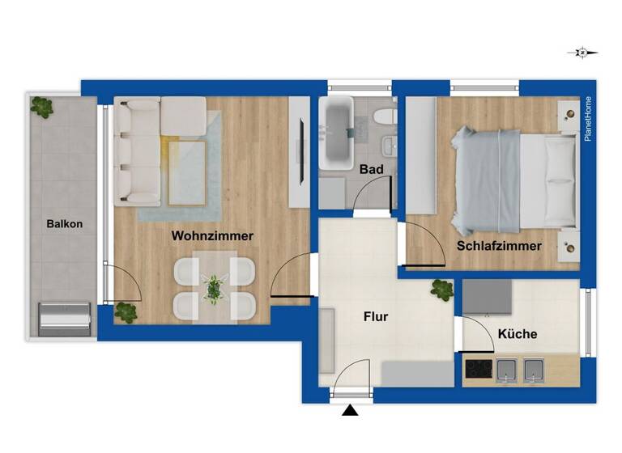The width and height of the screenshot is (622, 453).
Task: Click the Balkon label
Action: tap(64, 224)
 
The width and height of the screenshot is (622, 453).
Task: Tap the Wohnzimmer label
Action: tap(212, 236)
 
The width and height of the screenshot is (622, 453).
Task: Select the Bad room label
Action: tap(372, 170)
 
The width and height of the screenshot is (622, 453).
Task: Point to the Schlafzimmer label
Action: tap(499, 246)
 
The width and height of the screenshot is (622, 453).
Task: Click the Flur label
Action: tap(376, 317)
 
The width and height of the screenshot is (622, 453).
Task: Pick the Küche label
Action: tap(518, 333)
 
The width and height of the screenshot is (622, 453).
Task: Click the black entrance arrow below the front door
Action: tap(350, 412)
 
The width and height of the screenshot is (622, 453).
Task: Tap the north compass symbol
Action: tap(582, 53)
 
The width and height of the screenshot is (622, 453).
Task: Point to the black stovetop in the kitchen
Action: tap(479, 370)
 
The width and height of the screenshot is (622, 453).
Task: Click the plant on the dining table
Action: tap(215, 287)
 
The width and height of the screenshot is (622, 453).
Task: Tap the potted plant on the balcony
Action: tap(41, 105)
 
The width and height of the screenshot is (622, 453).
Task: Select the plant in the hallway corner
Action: tap(442, 289)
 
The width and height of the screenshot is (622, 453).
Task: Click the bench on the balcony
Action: tap(65, 318)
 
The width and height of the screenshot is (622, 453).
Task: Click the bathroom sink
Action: tap(390, 145)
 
